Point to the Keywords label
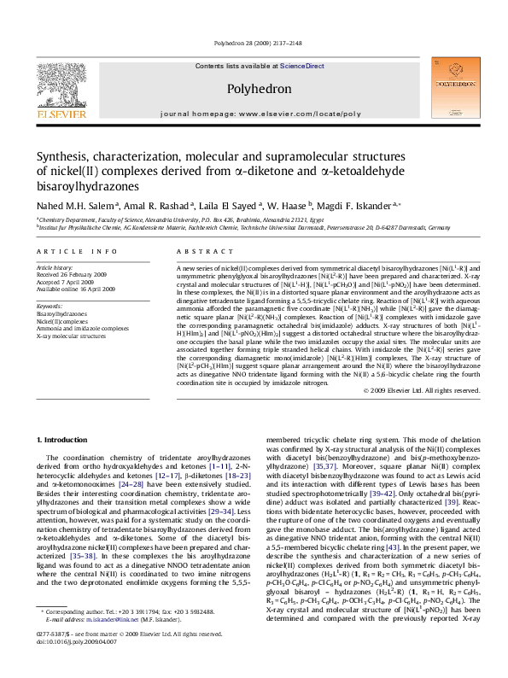coord(50,305)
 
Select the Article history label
coord(55,267)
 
